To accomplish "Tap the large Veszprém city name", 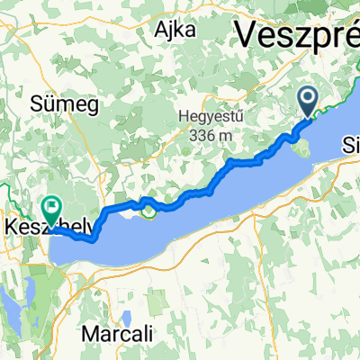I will (297, 36).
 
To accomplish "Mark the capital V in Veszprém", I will (246, 37).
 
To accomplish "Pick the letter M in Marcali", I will (88, 333).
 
